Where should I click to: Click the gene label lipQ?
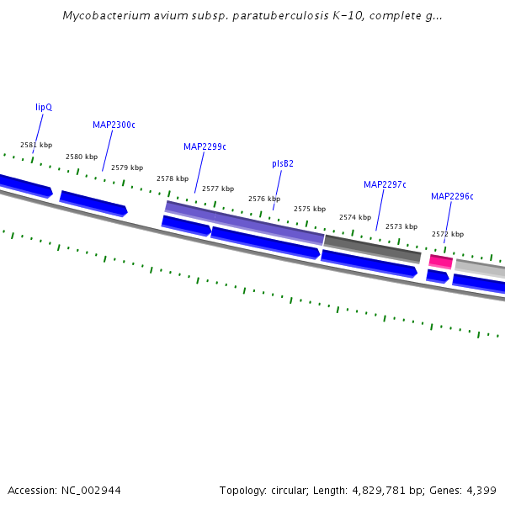[44, 108]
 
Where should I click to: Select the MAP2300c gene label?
[114, 125]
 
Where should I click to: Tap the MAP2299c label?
[205, 146]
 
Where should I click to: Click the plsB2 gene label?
[283, 163]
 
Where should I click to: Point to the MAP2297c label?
[385, 184]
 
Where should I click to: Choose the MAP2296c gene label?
[452, 197]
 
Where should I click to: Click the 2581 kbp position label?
[36, 145]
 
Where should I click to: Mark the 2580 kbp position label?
[82, 157]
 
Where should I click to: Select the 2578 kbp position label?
[173, 178]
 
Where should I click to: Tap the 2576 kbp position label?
[264, 199]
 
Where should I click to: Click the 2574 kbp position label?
[355, 217]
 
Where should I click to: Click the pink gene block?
[441, 262]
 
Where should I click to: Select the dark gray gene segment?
[372, 249]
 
